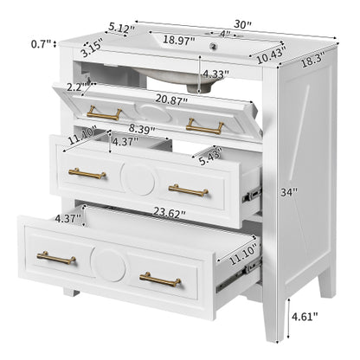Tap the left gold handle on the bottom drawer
coord(56,258)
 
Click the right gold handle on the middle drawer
coord(189,189)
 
